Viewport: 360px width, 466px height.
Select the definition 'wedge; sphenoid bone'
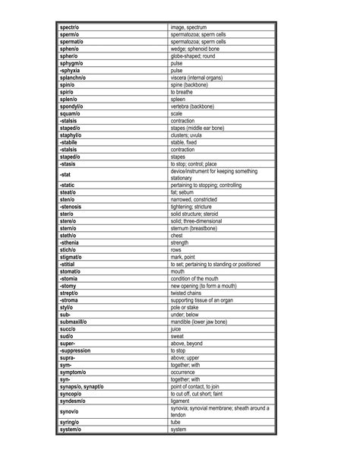coord(194,48)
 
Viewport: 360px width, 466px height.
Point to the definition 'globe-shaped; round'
coord(193,55)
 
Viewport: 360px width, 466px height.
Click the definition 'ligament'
coord(182,401)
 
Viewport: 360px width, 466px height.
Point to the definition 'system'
coord(180,430)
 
